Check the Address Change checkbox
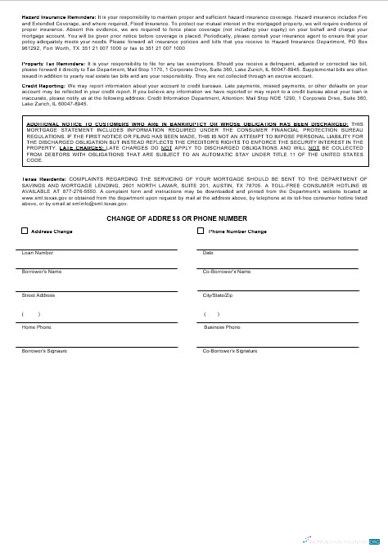coord(24,232)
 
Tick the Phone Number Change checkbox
coord(201,232)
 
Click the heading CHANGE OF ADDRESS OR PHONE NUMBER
coord(176,218)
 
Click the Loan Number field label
coord(38,253)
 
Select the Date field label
coord(208,253)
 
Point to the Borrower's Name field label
coord(42,271)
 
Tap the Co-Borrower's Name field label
coord(226,271)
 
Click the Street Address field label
coord(38,294)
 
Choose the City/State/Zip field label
coord(219,294)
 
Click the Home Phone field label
coord(36,326)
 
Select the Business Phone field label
coord(222,326)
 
